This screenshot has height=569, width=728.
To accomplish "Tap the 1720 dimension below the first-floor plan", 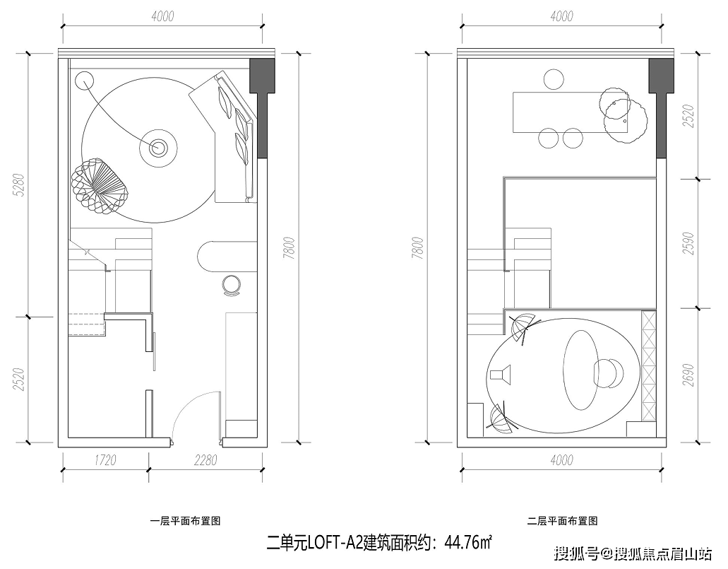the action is coord(105,460).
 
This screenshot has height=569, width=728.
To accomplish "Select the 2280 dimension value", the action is coord(205,460).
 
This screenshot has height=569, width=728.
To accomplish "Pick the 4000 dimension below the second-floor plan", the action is coord(562,460).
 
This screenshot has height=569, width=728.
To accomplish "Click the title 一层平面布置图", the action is coord(185,521).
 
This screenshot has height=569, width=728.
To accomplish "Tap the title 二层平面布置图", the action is coord(562,521).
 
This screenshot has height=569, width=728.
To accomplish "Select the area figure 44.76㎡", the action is coord(468,543).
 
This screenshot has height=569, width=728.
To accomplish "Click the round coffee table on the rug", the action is coord(158,148).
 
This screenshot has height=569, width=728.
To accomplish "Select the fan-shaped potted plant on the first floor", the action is coord(99,186).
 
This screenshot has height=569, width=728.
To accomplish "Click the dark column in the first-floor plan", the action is coord(262,108).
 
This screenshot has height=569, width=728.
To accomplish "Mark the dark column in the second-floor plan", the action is coord(661,108).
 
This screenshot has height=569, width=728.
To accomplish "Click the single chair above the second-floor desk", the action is coord(553,79).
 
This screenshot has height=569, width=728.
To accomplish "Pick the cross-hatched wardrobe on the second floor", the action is coord(649,365).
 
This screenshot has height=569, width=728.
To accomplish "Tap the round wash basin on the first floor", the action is coord(232,285).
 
